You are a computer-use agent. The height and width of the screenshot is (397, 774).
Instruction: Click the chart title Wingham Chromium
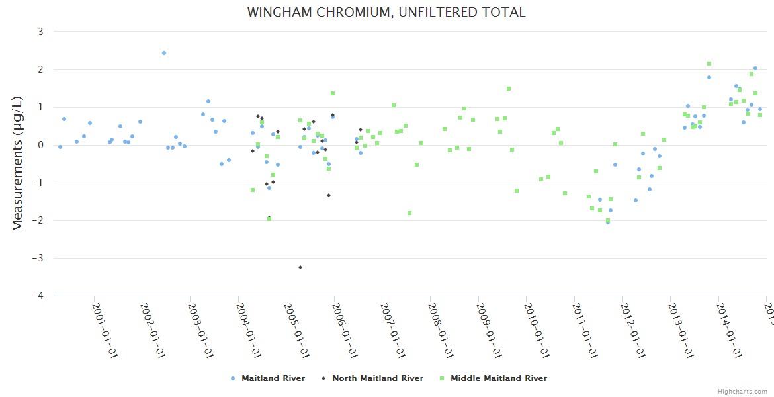386,13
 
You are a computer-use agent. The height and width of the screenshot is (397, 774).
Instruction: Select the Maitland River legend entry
268,378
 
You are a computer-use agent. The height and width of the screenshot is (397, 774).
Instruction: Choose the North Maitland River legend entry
372,378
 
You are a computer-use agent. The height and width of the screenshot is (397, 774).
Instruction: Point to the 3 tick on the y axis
40,32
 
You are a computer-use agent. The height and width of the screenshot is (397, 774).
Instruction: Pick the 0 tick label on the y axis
40,145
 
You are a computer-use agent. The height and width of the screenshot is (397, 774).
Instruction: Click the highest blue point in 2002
164,53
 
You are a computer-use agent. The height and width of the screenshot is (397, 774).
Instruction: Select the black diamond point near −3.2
300,267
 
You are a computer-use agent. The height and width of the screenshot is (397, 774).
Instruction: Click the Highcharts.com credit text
742,392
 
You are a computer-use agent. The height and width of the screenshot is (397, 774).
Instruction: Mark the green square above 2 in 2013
709,64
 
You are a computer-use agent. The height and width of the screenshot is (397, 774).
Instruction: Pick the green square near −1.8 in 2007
409,213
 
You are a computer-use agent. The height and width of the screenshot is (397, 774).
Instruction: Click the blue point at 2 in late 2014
755,68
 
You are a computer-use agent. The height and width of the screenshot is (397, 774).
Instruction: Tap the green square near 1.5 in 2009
509,89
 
